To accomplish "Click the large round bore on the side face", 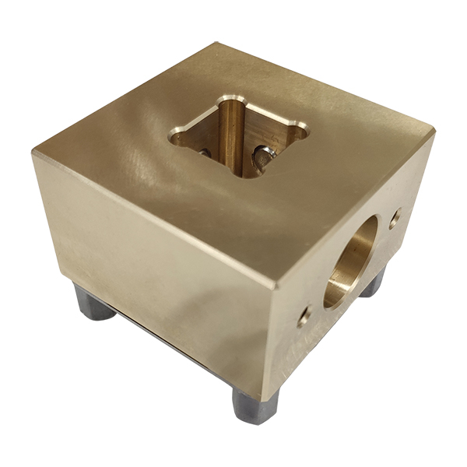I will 352,261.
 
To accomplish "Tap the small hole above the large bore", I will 395,217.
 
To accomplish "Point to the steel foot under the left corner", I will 92,303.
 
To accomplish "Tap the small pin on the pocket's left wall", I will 205,152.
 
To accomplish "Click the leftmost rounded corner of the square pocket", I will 173,138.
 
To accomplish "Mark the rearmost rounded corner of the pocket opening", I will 226,99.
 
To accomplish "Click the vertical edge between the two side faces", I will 279,327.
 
